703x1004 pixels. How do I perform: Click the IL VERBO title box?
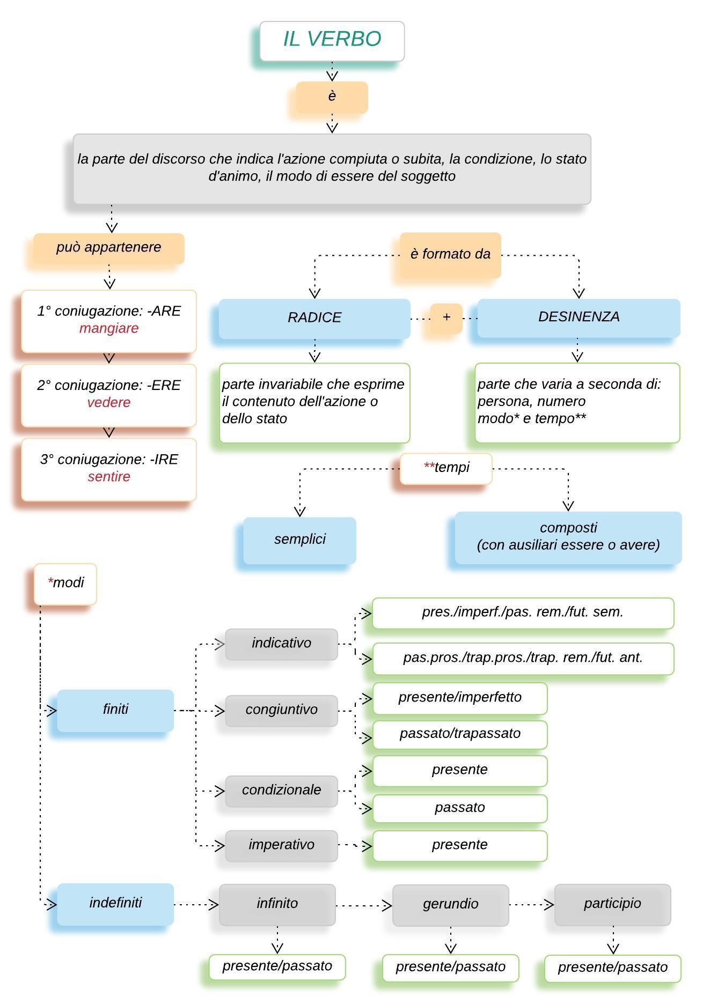pos(332,41)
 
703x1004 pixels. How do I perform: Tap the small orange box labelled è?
pos(332,97)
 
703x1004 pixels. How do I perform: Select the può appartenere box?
pos(109,248)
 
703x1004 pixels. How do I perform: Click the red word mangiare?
pos(109,328)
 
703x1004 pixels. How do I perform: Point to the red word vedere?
pos(109,402)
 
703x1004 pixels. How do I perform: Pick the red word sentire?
pos(109,476)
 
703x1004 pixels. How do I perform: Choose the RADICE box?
pos(314,319)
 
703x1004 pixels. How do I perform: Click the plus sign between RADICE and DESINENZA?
pos(446,317)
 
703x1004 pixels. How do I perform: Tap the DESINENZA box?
pos(578,318)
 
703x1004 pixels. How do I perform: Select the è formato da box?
pos(450,255)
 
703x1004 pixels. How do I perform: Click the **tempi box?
pos(446,468)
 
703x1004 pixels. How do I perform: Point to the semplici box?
pos(299,540)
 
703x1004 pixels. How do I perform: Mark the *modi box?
pos(65,584)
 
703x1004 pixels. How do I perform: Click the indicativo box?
pos(281,644)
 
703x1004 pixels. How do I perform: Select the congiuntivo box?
pos(281,711)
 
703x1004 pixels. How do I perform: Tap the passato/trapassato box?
pos(460,734)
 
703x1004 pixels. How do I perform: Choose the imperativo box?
pos(281,846)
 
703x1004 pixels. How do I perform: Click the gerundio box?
pos(450,905)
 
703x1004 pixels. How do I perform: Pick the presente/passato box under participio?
pos(612,968)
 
